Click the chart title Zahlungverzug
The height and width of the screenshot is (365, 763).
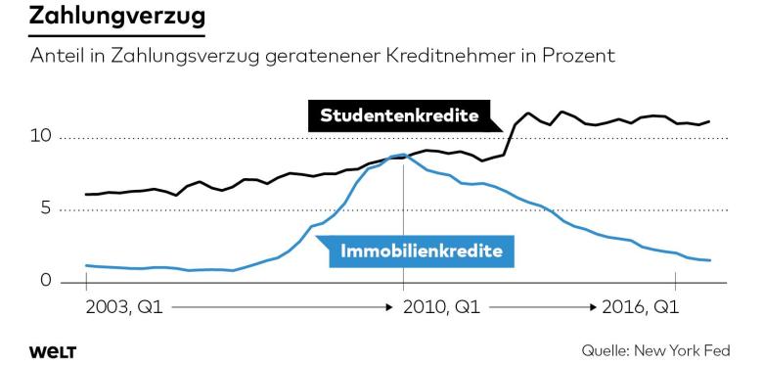click(117, 17)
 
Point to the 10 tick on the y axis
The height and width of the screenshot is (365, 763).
click(41, 137)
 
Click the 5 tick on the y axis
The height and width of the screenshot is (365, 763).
click(46, 209)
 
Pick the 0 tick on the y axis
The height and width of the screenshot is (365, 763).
click(46, 282)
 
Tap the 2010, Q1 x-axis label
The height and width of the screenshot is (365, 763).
click(441, 307)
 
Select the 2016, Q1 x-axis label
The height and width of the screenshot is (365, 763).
click(641, 307)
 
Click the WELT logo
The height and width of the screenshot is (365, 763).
click(53, 350)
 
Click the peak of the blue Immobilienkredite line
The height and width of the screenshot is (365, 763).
click(401, 155)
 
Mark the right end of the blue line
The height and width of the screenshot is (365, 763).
click(710, 260)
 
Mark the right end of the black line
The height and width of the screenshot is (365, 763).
click(710, 121)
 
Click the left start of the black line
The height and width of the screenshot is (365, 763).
click(86, 195)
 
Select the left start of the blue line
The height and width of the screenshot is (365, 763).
click(86, 265)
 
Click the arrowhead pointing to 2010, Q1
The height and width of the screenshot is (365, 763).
click(397, 307)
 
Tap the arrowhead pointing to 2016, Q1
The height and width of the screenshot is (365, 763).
click(593, 307)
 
